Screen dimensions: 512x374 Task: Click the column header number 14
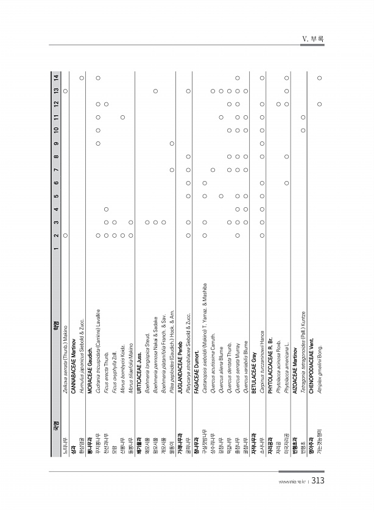pos(57,76)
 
